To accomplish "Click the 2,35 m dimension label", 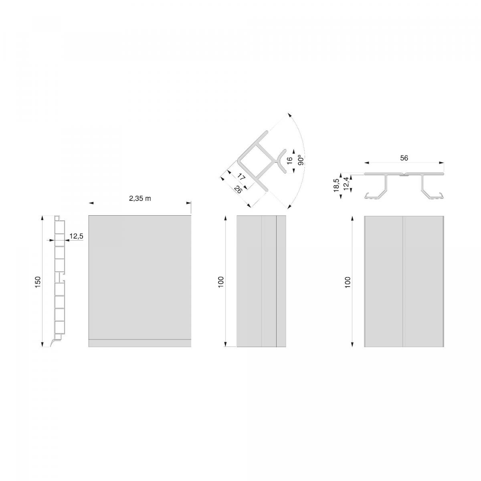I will [x=140, y=198].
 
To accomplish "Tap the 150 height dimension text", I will [x=38, y=281].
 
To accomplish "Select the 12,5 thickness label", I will [x=76, y=236].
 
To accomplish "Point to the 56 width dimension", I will [x=404, y=158].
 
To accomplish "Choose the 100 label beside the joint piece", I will [x=348, y=281].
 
